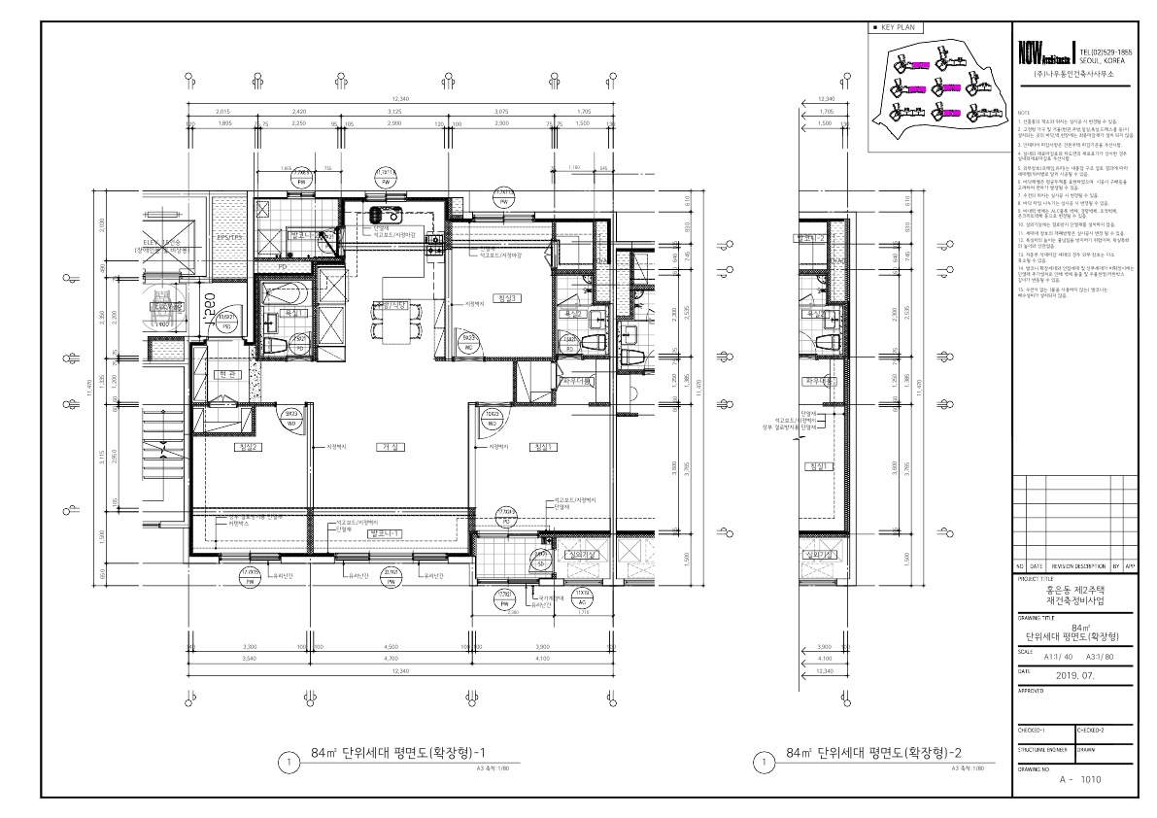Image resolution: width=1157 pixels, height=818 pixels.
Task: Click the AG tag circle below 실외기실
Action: point(582,598)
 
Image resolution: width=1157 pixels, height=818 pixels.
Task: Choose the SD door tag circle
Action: point(539,560)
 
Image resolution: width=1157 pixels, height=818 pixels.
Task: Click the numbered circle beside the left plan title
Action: point(289,762)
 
